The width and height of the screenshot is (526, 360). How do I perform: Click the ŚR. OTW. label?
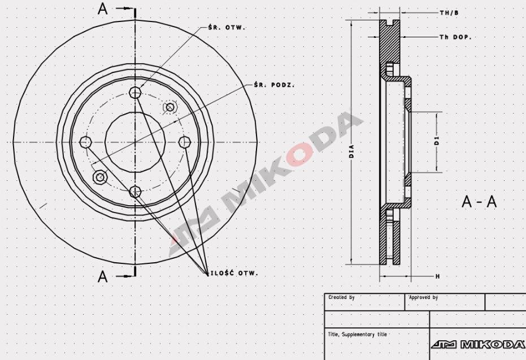click(x=228, y=27)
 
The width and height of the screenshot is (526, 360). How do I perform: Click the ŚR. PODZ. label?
click(x=274, y=85)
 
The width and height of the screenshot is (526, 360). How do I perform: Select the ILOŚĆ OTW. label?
click(x=234, y=274)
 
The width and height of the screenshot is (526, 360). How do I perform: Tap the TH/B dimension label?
click(x=449, y=12)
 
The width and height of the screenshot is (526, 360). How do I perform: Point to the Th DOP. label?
click(x=455, y=37)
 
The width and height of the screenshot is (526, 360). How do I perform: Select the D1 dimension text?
click(x=437, y=141)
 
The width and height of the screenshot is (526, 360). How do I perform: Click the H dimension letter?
click(x=437, y=276)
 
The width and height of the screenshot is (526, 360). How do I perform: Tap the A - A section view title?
click(x=479, y=202)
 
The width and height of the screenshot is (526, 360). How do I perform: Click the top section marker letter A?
click(x=103, y=9)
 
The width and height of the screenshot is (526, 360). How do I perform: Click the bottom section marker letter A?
click(x=103, y=276)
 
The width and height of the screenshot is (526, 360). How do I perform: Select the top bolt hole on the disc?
click(x=135, y=93)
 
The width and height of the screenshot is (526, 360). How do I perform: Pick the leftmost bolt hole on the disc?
click(x=86, y=141)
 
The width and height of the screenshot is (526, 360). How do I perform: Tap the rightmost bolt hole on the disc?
click(x=184, y=142)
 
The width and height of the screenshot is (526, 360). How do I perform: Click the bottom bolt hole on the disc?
click(x=134, y=192)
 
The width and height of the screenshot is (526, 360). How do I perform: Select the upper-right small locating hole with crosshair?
click(x=169, y=107)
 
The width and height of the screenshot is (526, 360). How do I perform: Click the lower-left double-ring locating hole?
click(x=100, y=177)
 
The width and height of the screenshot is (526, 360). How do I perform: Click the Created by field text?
click(x=341, y=297)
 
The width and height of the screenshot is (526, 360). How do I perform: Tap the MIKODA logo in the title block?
click(x=478, y=344)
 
